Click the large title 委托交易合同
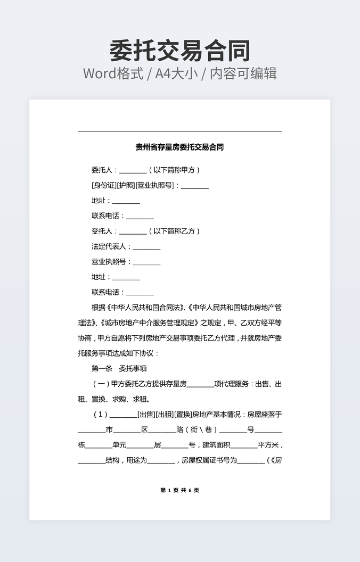(179, 51)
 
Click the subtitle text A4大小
(176, 73)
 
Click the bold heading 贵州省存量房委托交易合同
(179, 147)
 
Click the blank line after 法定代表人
(146, 247)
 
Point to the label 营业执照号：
(111, 262)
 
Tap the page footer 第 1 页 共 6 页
(179, 490)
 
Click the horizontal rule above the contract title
(179, 131)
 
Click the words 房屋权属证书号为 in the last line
(208, 460)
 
